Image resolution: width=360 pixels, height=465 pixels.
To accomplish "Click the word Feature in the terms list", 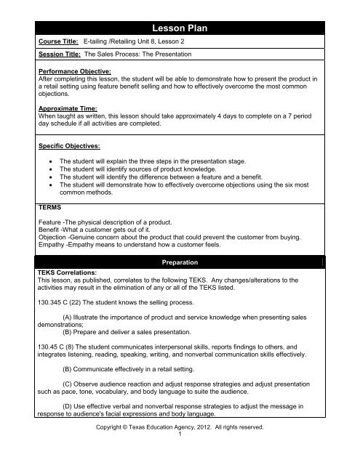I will [x=49, y=224].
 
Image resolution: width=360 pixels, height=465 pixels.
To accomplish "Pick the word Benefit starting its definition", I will [x=49, y=232].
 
